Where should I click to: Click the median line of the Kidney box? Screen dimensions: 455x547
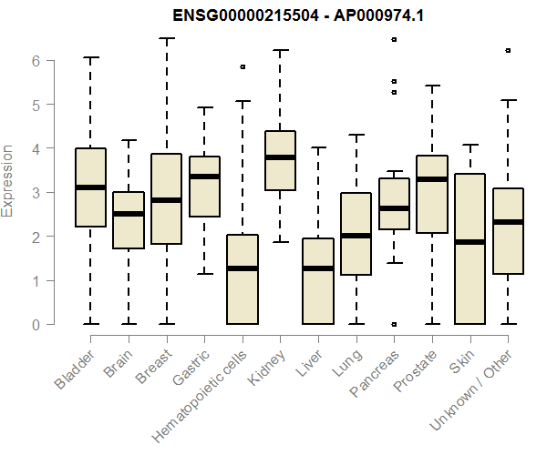pos(279,157)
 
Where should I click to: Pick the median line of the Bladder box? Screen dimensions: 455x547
pos(89,187)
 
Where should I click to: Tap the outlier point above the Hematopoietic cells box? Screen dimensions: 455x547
pos(242,66)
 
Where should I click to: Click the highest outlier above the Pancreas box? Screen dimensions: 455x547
pos(394,39)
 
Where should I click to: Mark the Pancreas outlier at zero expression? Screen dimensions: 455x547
pos(394,324)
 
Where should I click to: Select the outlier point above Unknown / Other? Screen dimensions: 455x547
pos(508,50)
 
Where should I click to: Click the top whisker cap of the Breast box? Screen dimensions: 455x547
pos(166,38)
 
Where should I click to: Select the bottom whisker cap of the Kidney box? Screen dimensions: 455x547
pos(279,242)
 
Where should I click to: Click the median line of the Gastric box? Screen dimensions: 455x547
pos(203,177)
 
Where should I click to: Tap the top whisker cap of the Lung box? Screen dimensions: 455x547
pos(356,135)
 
